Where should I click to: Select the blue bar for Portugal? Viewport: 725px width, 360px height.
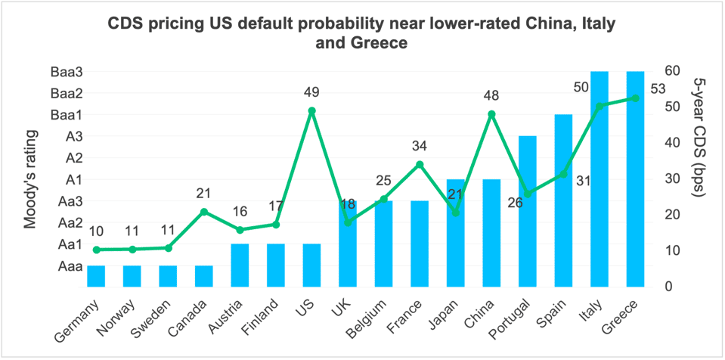[x=527, y=212]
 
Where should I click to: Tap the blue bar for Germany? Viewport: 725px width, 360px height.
[x=96, y=276]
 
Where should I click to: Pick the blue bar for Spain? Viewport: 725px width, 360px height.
[x=563, y=200]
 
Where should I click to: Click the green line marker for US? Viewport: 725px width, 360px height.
[x=311, y=110]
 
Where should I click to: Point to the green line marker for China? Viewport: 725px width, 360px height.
[x=491, y=114]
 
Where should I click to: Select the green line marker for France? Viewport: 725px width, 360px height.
[x=420, y=164]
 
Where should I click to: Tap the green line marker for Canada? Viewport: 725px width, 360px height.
[x=204, y=211]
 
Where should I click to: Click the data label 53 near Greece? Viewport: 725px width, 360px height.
[x=657, y=89]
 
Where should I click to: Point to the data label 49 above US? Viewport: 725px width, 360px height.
[x=311, y=92]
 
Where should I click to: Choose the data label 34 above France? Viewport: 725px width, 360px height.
[x=420, y=145]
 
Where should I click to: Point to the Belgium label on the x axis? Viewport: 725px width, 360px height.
[x=368, y=316]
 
